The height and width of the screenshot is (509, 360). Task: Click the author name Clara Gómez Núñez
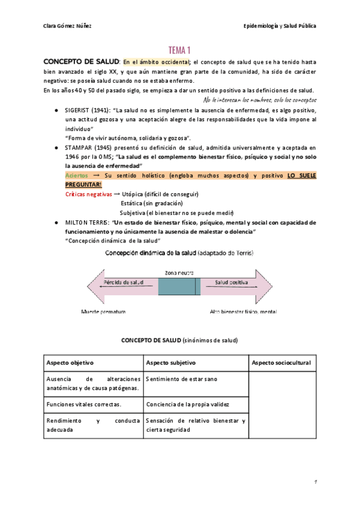click(x=68, y=26)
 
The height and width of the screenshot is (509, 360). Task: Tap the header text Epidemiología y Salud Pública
click(x=280, y=26)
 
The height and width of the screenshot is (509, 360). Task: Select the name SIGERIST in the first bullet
click(x=79, y=110)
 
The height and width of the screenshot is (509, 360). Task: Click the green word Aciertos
click(x=76, y=175)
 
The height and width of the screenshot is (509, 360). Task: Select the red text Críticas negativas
click(x=88, y=194)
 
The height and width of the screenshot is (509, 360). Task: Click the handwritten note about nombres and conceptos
click(x=260, y=100)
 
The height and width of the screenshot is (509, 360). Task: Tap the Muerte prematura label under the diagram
click(x=104, y=312)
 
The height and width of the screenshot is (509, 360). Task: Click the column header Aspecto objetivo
click(x=70, y=363)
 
